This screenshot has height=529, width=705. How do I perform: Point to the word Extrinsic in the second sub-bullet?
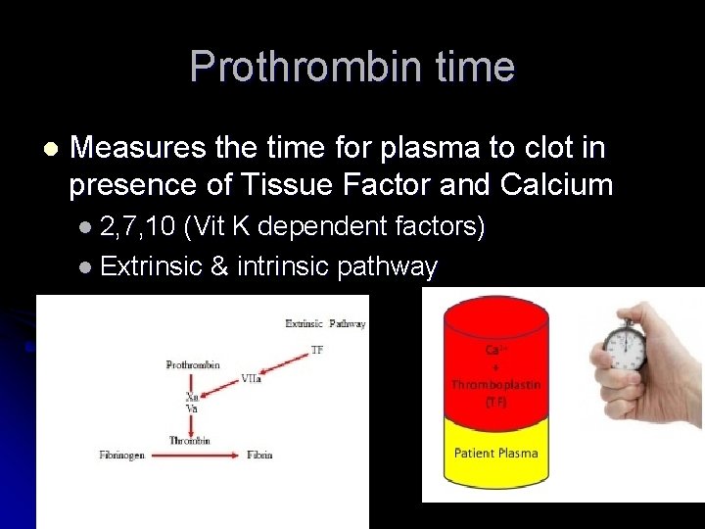pos(152,266)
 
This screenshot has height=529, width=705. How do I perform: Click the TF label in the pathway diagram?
pos(316,349)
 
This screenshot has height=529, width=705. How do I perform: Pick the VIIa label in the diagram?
pos(251,378)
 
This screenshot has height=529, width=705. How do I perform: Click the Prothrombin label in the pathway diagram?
pos(192,364)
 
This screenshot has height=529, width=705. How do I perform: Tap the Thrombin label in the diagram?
pos(189,440)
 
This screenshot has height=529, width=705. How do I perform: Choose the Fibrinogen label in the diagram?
pos(122,455)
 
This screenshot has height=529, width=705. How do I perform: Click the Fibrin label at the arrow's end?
pos(259,455)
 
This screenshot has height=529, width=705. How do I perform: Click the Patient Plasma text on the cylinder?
pos(495,453)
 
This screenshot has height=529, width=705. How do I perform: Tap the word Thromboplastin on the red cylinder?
pos(495,385)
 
